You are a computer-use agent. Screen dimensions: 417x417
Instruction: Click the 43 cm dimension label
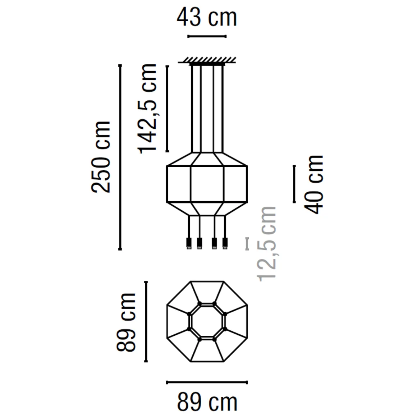coord(207,18)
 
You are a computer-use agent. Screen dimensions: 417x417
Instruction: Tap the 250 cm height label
coord(101,157)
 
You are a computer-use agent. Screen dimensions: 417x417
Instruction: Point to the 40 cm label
coord(313,184)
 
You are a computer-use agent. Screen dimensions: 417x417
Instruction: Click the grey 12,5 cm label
coord(267,244)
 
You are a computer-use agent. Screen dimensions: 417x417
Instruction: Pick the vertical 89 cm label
coord(126,321)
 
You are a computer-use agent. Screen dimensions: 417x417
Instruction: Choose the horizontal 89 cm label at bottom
coord(207,402)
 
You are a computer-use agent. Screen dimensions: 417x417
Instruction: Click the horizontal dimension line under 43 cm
coord(207,36)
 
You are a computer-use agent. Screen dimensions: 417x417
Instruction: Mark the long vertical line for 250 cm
coord(120,157)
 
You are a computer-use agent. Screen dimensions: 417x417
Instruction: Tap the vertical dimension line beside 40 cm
coord(294,184)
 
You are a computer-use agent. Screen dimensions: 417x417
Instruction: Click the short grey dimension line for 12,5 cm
coord(247,243)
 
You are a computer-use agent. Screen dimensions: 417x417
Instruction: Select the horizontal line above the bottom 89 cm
coord(207,382)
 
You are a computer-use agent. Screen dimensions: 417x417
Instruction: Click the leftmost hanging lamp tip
coord(188,243)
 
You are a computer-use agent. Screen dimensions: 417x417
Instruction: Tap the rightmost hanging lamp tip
coord(225,243)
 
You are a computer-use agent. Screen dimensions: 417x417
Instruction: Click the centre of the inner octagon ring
coord(207,321)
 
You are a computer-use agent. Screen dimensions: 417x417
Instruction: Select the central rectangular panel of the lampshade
coord(207,184)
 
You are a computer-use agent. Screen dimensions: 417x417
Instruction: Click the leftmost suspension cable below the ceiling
coord(192,108)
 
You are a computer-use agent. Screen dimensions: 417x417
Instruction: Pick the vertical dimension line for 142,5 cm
coord(167,108)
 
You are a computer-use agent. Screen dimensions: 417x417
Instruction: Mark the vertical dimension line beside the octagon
coord(146,321)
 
